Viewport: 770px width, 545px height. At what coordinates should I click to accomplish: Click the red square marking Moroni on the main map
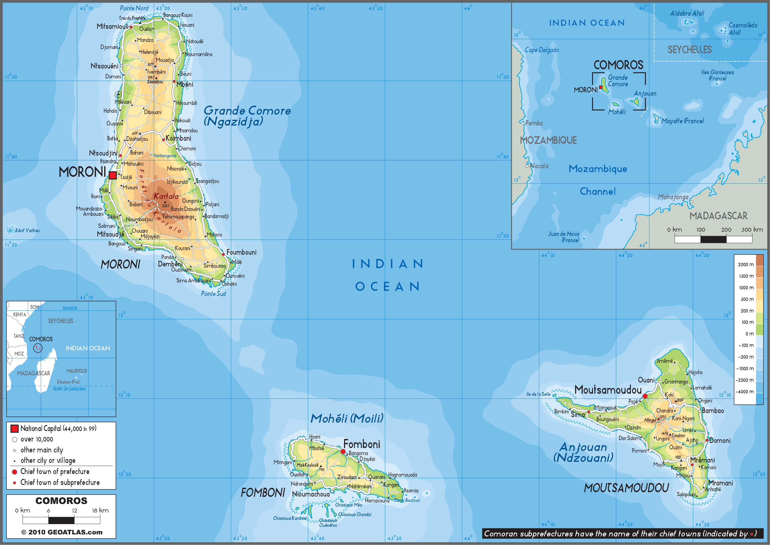(113, 175)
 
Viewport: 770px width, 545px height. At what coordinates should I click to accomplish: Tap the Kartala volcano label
(166, 196)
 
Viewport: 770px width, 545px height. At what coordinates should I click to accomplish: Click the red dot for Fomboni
(343, 452)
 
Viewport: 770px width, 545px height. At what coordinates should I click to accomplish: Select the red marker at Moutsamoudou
(645, 396)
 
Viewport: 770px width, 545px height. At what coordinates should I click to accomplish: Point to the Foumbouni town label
(241, 252)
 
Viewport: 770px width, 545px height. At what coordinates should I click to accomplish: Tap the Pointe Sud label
(213, 294)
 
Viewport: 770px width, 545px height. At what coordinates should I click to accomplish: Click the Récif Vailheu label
(27, 231)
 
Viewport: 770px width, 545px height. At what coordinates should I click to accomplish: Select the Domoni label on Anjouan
(720, 441)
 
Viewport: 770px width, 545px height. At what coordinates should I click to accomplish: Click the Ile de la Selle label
(538, 394)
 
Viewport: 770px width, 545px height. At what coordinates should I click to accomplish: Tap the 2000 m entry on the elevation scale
(745, 264)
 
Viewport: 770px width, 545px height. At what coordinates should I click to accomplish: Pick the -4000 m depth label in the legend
(745, 392)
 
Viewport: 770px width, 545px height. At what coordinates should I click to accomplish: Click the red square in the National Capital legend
(14, 429)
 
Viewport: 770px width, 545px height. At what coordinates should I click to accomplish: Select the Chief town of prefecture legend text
(55, 472)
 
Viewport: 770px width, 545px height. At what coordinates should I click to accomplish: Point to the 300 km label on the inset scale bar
(752, 230)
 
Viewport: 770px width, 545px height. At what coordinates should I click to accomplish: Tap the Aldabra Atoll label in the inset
(687, 13)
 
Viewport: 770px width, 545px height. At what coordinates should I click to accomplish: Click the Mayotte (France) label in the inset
(682, 121)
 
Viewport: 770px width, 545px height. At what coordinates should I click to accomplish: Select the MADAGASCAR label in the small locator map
(34, 373)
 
